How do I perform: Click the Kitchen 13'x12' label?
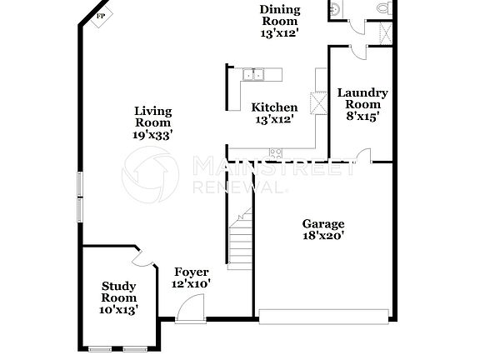(x=274, y=113)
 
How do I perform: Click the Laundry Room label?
(x=362, y=98)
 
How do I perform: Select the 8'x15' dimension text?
(x=362, y=117)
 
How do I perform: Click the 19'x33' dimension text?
(x=154, y=134)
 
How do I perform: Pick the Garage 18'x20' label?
(x=322, y=230)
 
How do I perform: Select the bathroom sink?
(x=334, y=8)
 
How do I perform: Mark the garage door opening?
(x=323, y=316)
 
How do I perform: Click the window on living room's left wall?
(x=80, y=197)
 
